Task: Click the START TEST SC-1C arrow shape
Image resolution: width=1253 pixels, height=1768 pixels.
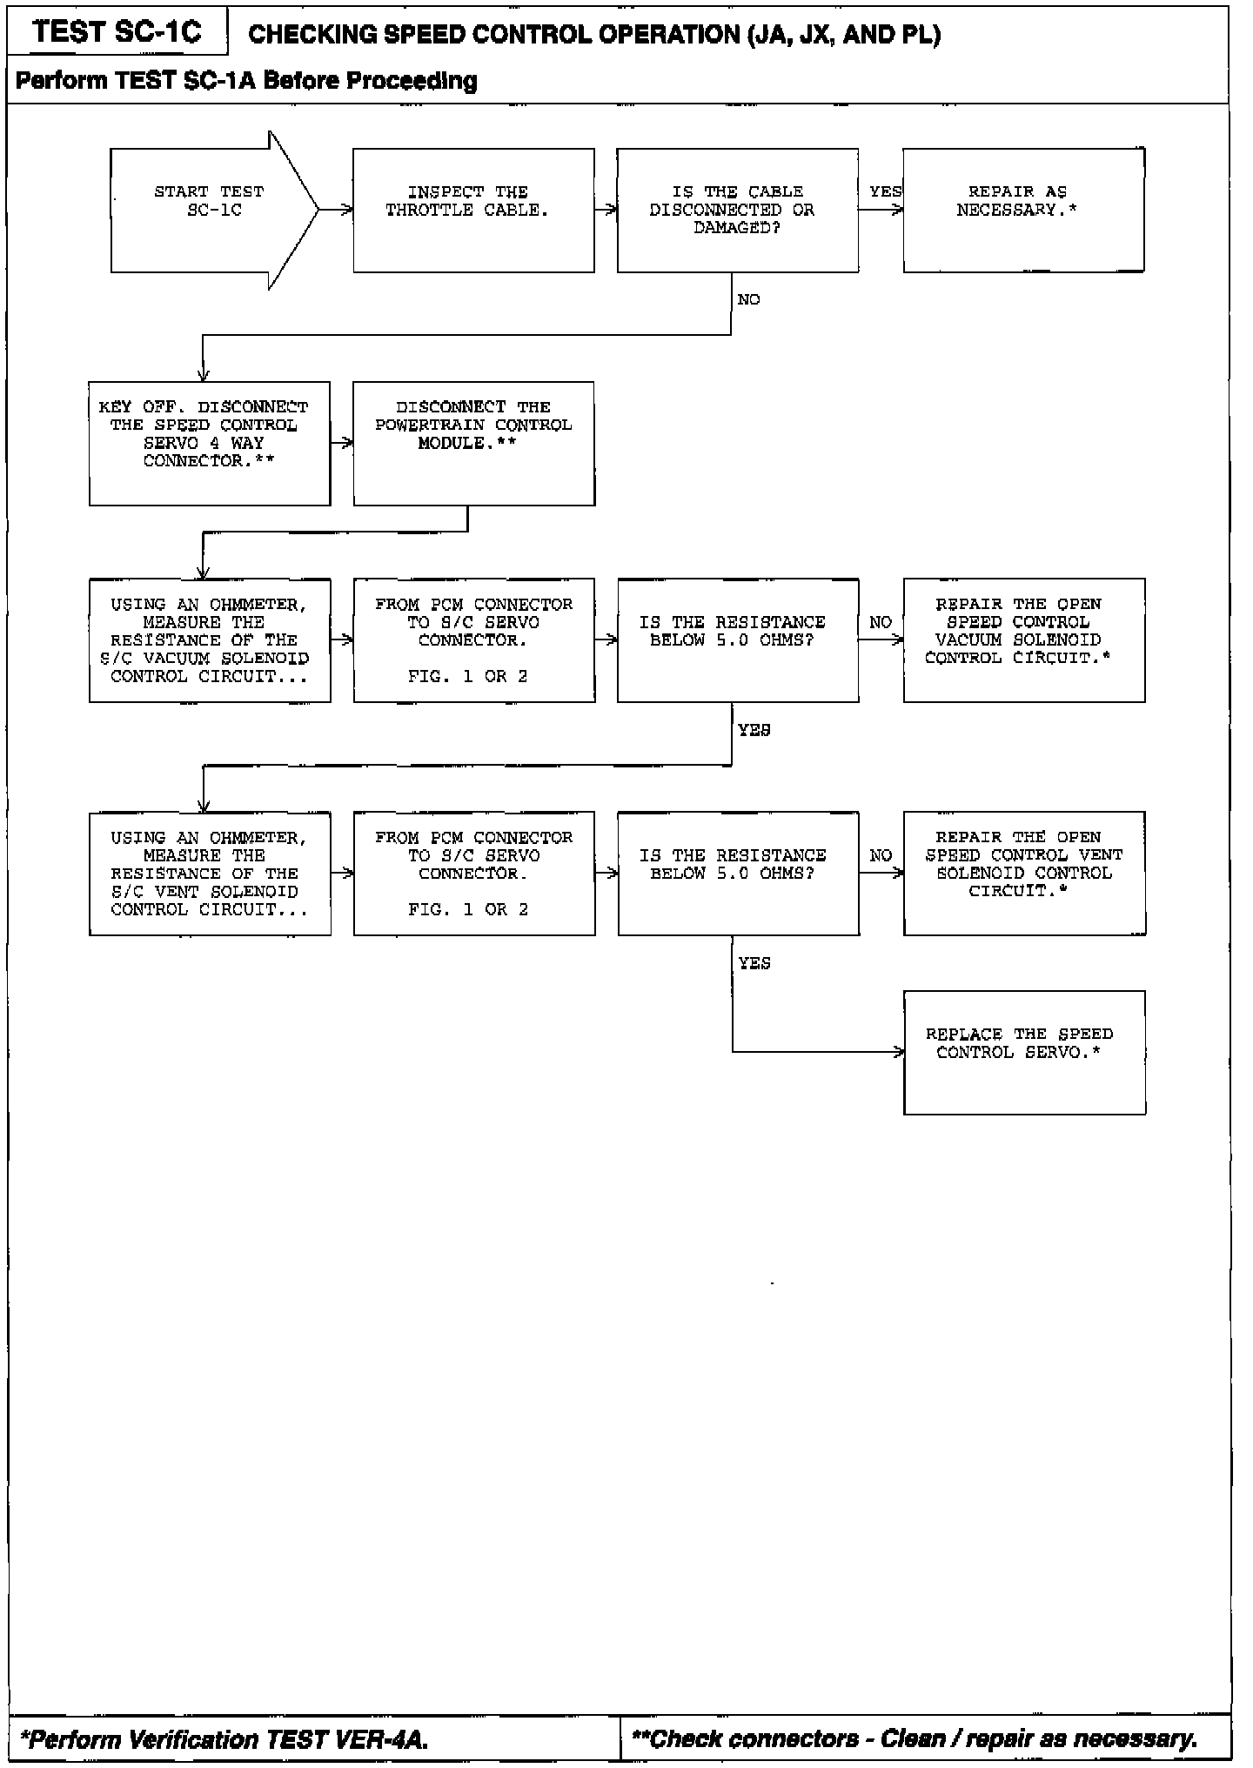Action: [209, 210]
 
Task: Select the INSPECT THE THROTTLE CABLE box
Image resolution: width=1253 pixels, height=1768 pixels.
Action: [473, 210]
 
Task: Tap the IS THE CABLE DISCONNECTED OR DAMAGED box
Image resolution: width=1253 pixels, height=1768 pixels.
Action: [738, 210]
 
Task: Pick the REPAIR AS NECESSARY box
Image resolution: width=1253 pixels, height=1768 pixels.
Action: [1023, 210]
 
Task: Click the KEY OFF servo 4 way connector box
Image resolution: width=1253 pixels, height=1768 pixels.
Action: [210, 443]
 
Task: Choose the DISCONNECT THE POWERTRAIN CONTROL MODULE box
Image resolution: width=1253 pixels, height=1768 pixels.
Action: [473, 443]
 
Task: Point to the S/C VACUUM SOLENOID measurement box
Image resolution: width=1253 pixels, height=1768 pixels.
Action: [210, 640]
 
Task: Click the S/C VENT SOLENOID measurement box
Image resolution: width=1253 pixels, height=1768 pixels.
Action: [210, 874]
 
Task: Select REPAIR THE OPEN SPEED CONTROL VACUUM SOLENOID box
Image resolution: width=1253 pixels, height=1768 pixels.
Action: [1024, 640]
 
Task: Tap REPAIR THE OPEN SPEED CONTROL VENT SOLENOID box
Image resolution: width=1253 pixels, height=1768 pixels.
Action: [1024, 874]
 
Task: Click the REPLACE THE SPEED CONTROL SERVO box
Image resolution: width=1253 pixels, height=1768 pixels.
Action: [1024, 1052]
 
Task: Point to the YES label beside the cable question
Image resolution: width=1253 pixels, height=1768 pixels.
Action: [885, 191]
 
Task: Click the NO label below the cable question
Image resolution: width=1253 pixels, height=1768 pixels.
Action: [748, 300]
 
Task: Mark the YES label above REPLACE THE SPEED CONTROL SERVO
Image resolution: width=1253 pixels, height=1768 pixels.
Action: [754, 963]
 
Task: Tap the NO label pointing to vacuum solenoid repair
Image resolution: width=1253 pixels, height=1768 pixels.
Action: [881, 622]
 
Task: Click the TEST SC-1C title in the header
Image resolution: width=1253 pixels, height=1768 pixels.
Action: [117, 32]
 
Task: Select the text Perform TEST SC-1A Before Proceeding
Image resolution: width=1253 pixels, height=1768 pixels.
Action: [246, 81]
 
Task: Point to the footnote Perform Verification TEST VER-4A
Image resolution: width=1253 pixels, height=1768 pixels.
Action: [224, 1739]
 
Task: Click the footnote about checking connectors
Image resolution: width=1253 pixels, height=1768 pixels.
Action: [915, 1739]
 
